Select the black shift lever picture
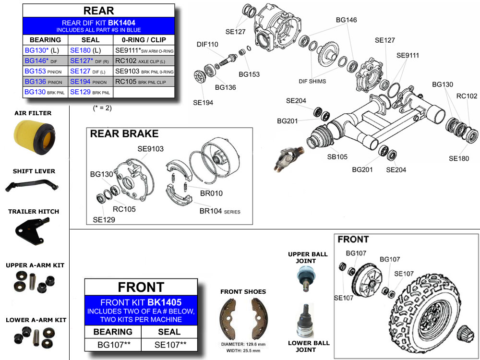(x=30, y=186)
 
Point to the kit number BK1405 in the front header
(x=165, y=302)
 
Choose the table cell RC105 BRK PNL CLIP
(x=144, y=82)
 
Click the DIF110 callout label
(x=207, y=45)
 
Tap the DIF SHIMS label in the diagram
(x=312, y=82)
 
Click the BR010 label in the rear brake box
(x=211, y=193)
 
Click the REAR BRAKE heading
(x=124, y=134)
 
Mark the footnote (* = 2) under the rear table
(x=102, y=108)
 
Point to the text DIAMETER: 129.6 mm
(x=243, y=344)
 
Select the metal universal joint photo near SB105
(x=287, y=159)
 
